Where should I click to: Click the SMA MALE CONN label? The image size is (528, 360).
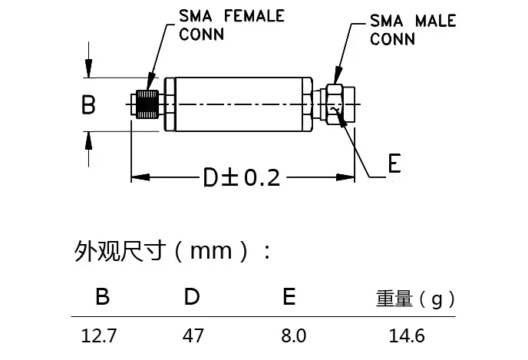412,29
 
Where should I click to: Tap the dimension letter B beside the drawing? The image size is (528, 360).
89,104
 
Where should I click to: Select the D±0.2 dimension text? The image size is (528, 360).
241,178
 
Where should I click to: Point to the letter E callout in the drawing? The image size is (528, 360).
394,165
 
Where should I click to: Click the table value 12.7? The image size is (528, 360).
101,336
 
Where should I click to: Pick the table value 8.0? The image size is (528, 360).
289,336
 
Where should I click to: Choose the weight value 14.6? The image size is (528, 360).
406,336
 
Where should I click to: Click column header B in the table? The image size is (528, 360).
102,297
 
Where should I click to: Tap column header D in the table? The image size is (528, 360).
192,297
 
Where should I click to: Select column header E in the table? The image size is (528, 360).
289,297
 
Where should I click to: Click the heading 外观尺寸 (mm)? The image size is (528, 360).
173,251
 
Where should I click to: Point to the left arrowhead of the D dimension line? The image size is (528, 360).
137,178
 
